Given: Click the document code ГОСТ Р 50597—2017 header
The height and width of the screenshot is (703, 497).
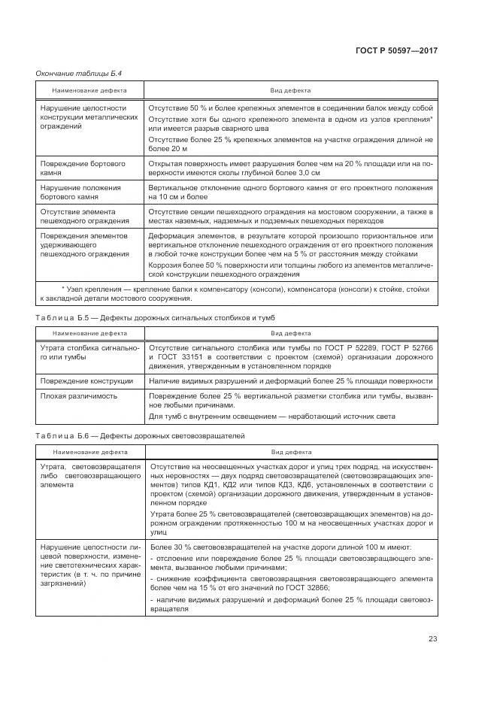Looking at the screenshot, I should tap(395, 51).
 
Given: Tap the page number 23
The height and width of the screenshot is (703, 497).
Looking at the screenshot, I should tap(432, 639).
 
